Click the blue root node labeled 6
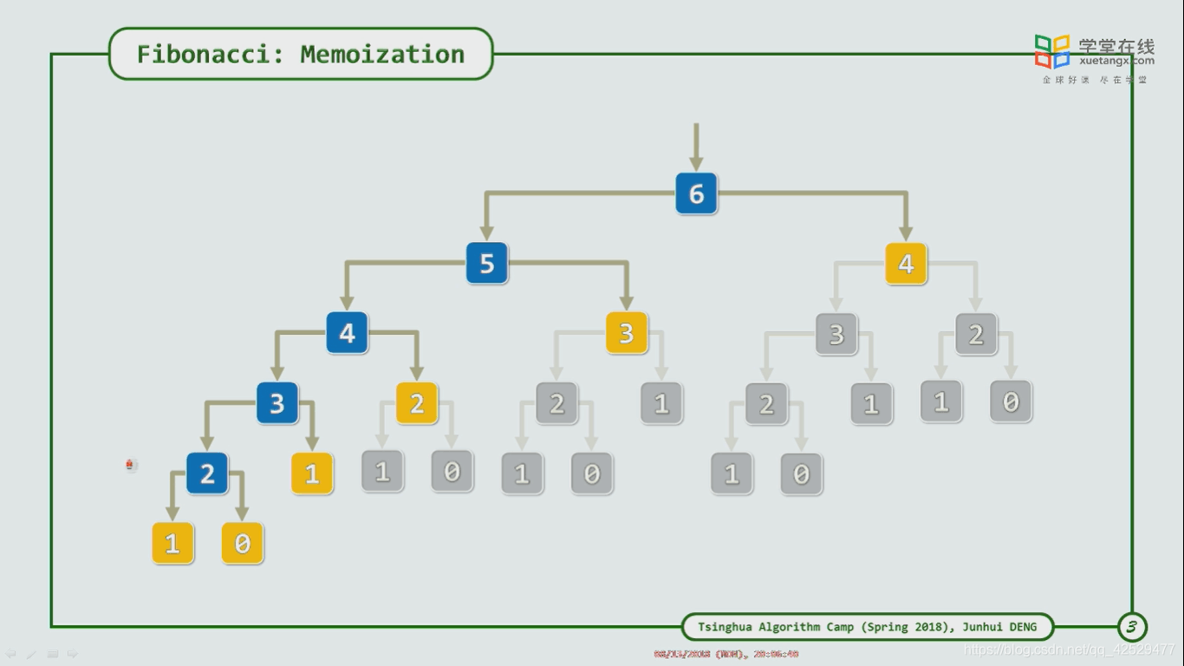[696, 193]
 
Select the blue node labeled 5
[486, 263]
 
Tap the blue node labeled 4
[347, 333]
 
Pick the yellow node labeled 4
[906, 263]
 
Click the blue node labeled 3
[276, 403]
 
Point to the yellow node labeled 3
[626, 333]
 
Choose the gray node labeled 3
[836, 334]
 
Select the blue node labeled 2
[207, 473]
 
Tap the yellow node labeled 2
[417, 403]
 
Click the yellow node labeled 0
[242, 544]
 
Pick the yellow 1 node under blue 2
[172, 544]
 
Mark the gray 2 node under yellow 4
[976, 334]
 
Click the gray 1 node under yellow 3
[661, 403]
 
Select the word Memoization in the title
[382, 54]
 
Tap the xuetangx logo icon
[1052, 51]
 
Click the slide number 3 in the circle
[1131, 626]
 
